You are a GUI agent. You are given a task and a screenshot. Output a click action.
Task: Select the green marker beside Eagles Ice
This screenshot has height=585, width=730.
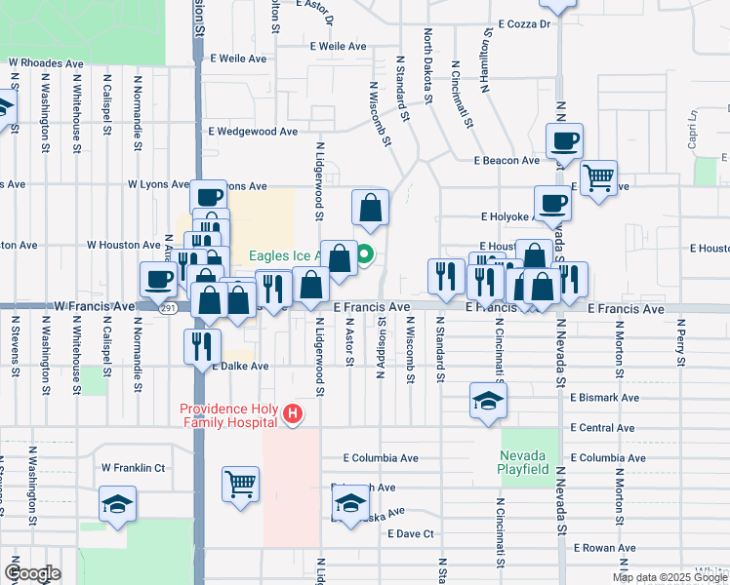tap(365, 256)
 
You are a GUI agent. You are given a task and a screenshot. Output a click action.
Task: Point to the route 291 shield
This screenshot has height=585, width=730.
tap(168, 308)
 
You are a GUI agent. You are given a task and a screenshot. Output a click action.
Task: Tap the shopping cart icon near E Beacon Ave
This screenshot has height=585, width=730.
tap(598, 178)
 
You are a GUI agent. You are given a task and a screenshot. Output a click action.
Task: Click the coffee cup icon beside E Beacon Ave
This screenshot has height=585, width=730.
tap(564, 140)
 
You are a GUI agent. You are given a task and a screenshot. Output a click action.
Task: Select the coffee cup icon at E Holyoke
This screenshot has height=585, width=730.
tap(551, 204)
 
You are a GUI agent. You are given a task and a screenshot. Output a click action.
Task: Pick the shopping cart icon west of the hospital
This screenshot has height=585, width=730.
tap(240, 483)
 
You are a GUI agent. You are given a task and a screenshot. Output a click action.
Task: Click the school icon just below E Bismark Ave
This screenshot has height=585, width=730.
tap(488, 401)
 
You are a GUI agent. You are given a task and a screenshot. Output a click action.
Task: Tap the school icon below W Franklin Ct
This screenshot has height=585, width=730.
tap(116, 504)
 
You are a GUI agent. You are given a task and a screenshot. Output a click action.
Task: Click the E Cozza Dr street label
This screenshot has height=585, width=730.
tap(523, 23)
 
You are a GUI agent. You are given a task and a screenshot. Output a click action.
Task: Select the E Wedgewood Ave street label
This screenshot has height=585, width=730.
tap(253, 131)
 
